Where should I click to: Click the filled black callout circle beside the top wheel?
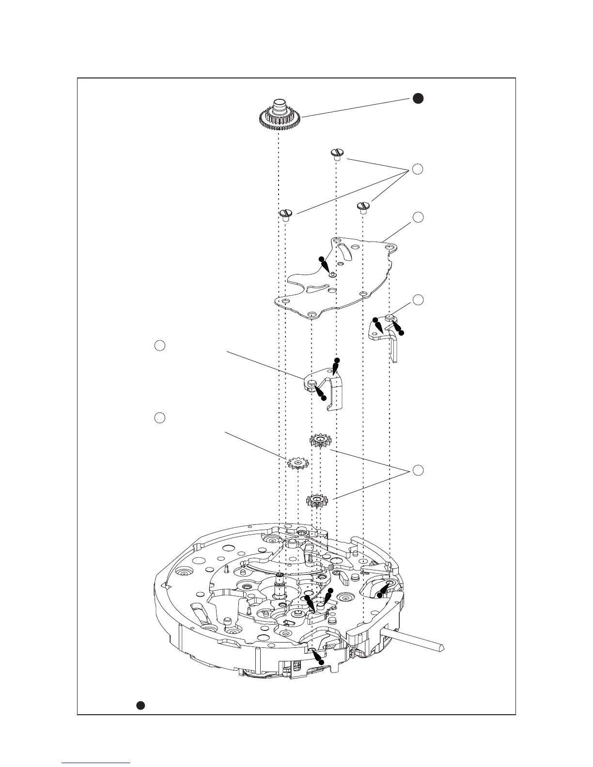pos(418,98)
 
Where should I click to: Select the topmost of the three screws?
pos(337,154)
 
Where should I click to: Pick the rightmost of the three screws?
pos(363,207)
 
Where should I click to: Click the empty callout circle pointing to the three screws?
pos(418,169)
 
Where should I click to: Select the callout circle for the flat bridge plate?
pos(418,217)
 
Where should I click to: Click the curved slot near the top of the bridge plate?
pos(344,252)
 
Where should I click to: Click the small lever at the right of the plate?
pos(388,334)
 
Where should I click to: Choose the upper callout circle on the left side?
pos(159,345)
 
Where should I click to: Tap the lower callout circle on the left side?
pos(159,417)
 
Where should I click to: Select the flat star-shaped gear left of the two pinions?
pos(298,463)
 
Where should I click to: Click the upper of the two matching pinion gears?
pos(320,441)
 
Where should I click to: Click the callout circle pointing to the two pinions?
pos(418,470)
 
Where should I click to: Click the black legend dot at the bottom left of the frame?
pos(140,705)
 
